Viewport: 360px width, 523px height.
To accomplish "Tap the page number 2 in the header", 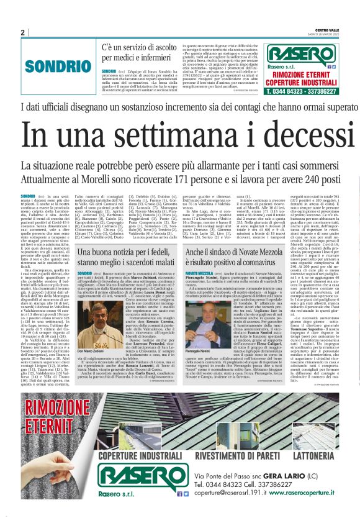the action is [23, 32].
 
